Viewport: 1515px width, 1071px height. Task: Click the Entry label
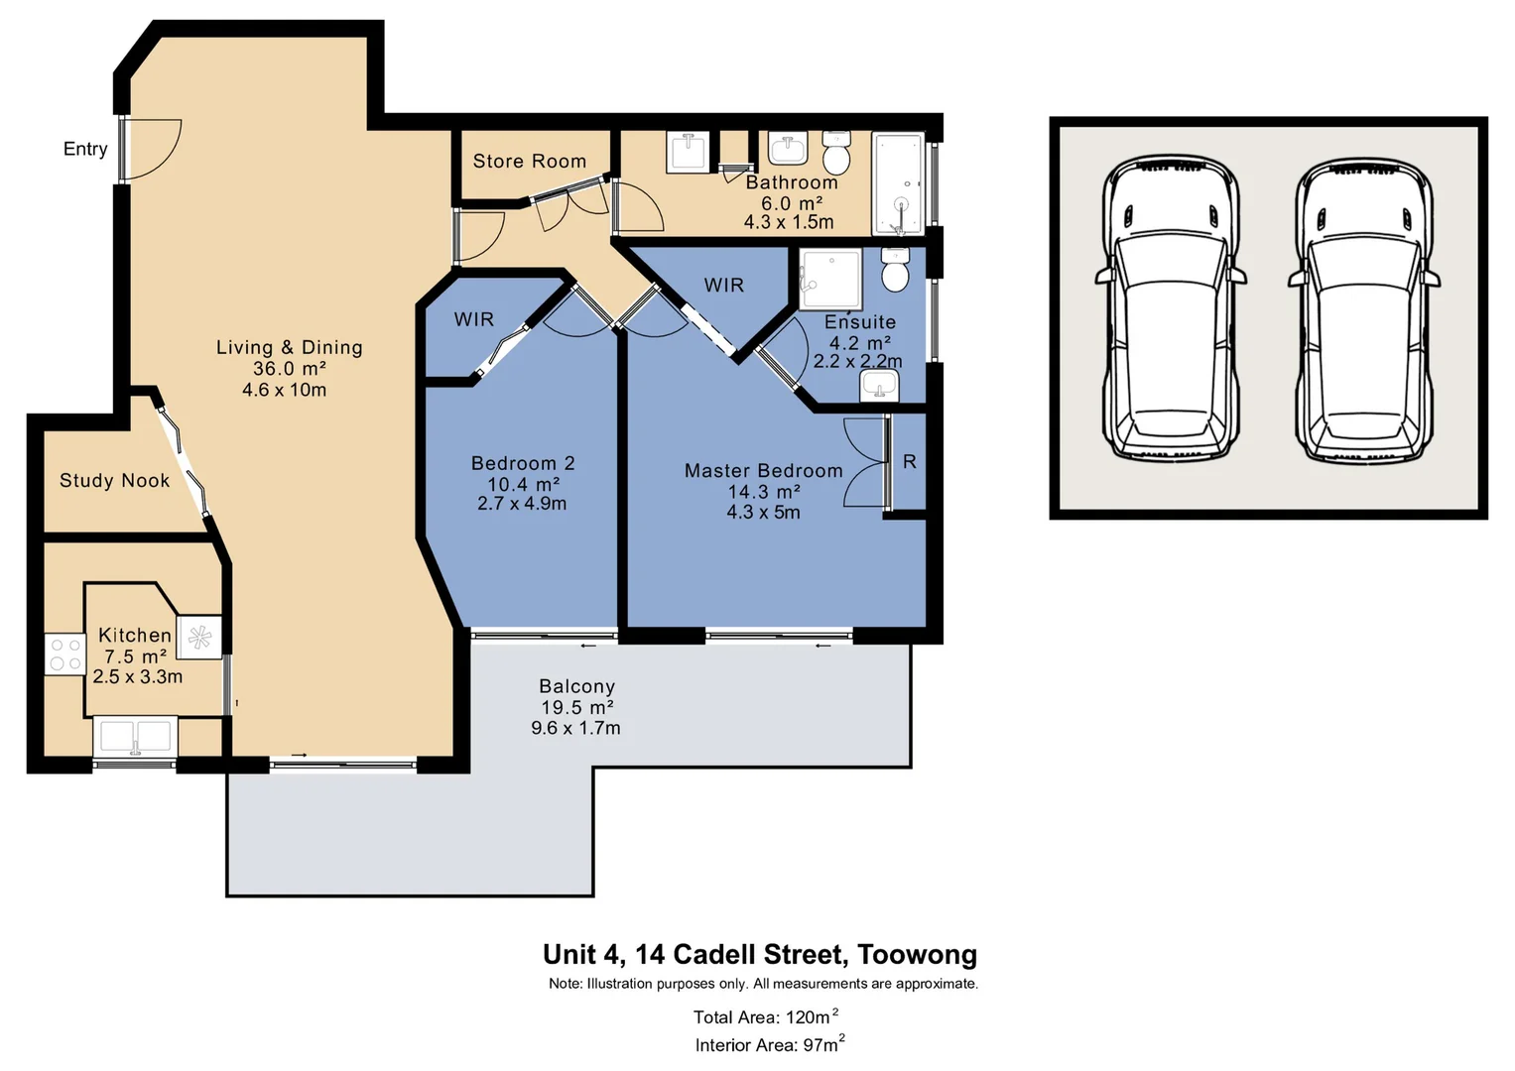(x=85, y=149)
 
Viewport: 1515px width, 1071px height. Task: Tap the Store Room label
(x=529, y=161)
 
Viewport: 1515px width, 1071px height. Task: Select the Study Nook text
(x=114, y=481)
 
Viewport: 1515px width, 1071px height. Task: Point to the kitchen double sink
(x=136, y=737)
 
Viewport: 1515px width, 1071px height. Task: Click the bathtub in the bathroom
(x=898, y=183)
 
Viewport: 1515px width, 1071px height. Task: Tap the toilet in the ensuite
(x=895, y=271)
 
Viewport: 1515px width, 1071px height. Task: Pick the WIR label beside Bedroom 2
(x=473, y=319)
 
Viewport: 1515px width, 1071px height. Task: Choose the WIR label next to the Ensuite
(x=723, y=286)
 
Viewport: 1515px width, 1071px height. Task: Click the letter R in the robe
(x=909, y=462)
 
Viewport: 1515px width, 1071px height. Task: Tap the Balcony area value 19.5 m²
(x=576, y=707)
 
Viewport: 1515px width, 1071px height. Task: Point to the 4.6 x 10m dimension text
(x=284, y=390)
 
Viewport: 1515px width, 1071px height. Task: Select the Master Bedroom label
(x=763, y=471)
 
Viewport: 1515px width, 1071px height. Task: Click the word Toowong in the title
(x=917, y=954)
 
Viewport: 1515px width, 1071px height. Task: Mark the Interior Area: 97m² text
(x=769, y=1044)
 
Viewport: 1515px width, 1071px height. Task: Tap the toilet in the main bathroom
(x=836, y=155)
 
